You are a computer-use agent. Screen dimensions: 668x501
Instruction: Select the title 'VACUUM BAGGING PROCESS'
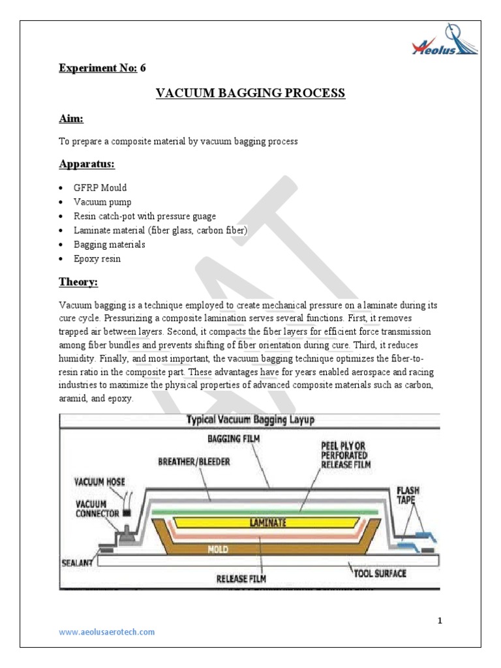pyautogui.click(x=250, y=94)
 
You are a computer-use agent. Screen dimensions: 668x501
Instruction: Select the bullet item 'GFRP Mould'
pyautogui.click(x=100, y=188)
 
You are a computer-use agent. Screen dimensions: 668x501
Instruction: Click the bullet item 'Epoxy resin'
pyautogui.click(x=97, y=259)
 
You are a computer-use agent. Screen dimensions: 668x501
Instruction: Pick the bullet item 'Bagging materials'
pyautogui.click(x=109, y=245)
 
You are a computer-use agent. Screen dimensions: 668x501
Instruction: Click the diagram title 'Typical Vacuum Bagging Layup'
pyautogui.click(x=250, y=421)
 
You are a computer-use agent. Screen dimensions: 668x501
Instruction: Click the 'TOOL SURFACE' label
pyautogui.click(x=380, y=573)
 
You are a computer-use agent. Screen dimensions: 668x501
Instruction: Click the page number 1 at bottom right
pyautogui.click(x=440, y=620)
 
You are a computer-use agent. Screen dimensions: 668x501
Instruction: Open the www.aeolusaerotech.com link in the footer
pyautogui.click(x=107, y=632)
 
